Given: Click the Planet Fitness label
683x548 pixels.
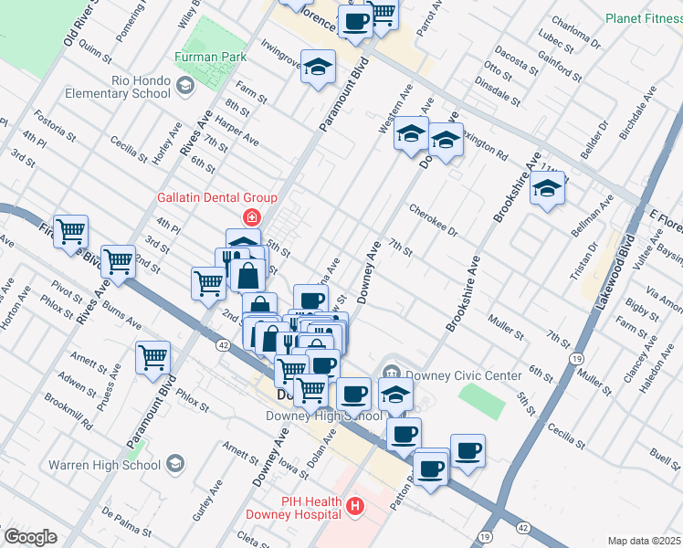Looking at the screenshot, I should (x=643, y=18).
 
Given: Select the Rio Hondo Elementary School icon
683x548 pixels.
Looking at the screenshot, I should (x=185, y=87).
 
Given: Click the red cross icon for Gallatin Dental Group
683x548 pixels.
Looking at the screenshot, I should (x=249, y=217).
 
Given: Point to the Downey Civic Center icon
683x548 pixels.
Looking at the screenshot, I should (x=392, y=371).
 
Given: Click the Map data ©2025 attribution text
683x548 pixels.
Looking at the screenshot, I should (x=644, y=541).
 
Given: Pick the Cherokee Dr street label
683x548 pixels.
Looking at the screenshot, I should (x=433, y=219).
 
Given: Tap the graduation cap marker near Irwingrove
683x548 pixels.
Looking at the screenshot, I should (x=319, y=67).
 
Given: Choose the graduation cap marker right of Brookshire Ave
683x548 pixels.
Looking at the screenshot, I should (x=547, y=189).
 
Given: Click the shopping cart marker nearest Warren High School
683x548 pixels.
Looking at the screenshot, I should (x=153, y=357).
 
